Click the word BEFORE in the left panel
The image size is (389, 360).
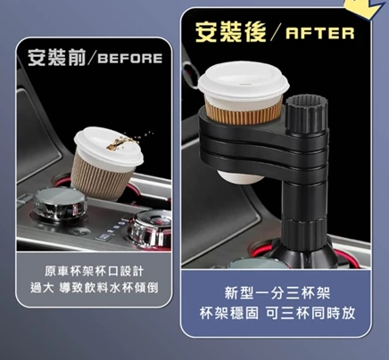click(129, 58)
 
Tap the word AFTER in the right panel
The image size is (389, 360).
click(320, 33)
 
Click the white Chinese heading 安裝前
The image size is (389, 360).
click(57, 57)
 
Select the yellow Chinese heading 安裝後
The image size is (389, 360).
click(230, 32)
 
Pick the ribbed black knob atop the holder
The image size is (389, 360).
click(306, 114)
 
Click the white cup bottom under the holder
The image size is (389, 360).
click(240, 176)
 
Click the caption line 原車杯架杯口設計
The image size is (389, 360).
click(95, 271)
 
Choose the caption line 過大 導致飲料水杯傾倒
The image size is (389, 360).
click(95, 288)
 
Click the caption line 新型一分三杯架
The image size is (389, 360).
click(277, 293)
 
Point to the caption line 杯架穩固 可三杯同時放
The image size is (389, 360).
click(277, 313)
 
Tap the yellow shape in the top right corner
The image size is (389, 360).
click(366, 8)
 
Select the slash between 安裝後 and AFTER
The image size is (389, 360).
click(276, 32)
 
